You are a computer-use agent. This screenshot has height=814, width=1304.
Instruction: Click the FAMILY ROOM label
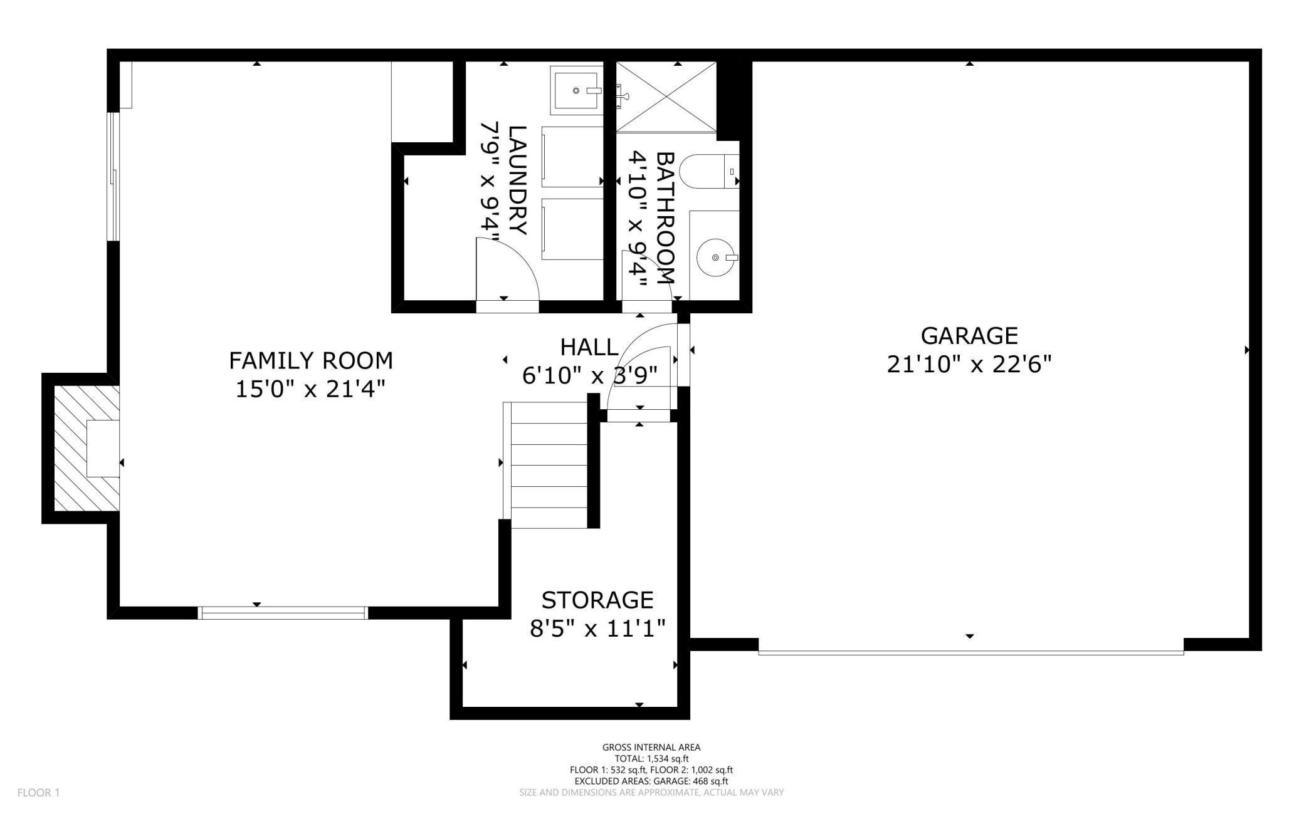(310, 360)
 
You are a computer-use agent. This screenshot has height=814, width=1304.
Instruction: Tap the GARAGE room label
(969, 335)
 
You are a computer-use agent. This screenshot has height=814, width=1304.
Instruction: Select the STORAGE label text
(597, 600)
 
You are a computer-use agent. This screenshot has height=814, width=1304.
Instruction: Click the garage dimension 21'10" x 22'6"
(969, 363)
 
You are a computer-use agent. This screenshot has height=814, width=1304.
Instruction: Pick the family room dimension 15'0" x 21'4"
(310, 389)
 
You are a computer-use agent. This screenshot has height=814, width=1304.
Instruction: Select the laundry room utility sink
(576, 90)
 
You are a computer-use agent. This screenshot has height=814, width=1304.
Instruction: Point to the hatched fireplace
(87, 448)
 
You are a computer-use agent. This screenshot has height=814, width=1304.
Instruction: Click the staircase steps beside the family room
(549, 465)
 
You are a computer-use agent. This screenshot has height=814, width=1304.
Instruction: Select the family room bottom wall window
(282, 613)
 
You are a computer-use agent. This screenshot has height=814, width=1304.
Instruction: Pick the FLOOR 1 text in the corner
(38, 793)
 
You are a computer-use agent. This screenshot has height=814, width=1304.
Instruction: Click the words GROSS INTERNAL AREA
(651, 747)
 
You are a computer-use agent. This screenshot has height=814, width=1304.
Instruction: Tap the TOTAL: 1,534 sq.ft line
(651, 758)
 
